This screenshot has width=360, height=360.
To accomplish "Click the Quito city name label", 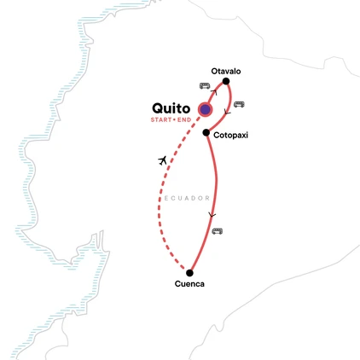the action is tap(171, 108).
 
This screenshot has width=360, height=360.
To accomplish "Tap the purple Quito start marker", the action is tap(205, 109).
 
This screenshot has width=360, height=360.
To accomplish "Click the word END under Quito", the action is tap(184, 119).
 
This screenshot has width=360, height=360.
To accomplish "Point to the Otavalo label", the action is tap(226, 71).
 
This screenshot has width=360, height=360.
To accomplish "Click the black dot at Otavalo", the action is tap(226, 81).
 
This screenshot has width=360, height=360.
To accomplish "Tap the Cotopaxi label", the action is tap(230, 135).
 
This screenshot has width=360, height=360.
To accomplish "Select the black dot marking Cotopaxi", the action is tap(206, 132).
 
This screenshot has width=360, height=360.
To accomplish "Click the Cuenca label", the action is tap(189, 283).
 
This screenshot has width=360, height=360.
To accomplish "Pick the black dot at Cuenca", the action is tap(189, 273).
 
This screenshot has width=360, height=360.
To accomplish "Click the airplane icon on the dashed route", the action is tap(162, 160).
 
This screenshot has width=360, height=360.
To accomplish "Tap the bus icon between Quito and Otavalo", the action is tap(205, 85).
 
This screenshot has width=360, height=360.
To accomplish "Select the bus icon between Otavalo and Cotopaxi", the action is tap(239, 104).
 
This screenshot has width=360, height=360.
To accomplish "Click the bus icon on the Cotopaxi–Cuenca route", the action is tap(218, 231).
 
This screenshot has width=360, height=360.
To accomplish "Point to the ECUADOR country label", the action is tap(187, 198).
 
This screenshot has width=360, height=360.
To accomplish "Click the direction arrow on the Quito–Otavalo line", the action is tap(214, 92).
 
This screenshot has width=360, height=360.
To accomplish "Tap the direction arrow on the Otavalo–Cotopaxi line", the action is tap(227, 112).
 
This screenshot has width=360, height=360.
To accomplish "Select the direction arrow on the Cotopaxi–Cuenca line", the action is tap(212, 215).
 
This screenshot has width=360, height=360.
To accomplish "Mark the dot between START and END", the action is tap(174, 119).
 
